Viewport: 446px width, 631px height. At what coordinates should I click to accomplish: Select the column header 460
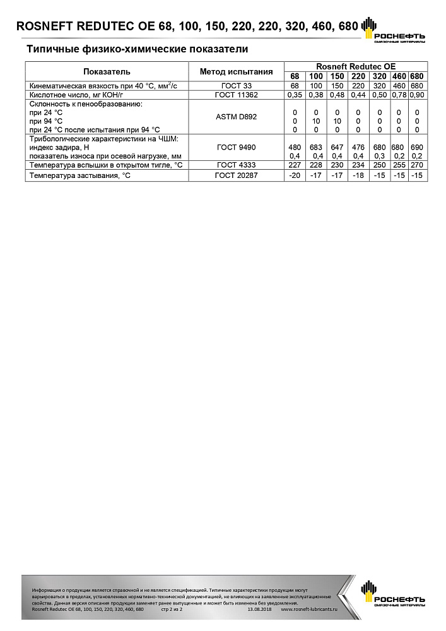coord(399,76)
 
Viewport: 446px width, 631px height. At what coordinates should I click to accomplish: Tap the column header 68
coord(295,76)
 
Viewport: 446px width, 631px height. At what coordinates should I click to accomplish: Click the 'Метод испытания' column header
coord(236,71)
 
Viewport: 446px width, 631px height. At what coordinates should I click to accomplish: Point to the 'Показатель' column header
coord(107,71)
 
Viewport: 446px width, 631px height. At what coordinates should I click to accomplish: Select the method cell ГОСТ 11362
coord(236,95)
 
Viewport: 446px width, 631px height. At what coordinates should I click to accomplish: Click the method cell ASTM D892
coord(236,117)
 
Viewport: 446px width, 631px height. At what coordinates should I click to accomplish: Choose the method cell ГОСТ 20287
coord(236,175)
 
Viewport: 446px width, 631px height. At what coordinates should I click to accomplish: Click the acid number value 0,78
coord(399,95)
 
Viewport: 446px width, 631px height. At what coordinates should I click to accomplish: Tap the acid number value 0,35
coord(295,95)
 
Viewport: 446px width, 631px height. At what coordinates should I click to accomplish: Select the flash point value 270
coord(416,165)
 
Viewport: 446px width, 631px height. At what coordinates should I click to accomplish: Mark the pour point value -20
coord(295,175)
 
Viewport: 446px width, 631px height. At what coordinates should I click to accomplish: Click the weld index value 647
coord(337,147)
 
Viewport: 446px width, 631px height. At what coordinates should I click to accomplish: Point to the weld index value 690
coord(416,147)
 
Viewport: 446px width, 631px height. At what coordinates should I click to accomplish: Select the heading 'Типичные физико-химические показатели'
coord(137,49)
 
